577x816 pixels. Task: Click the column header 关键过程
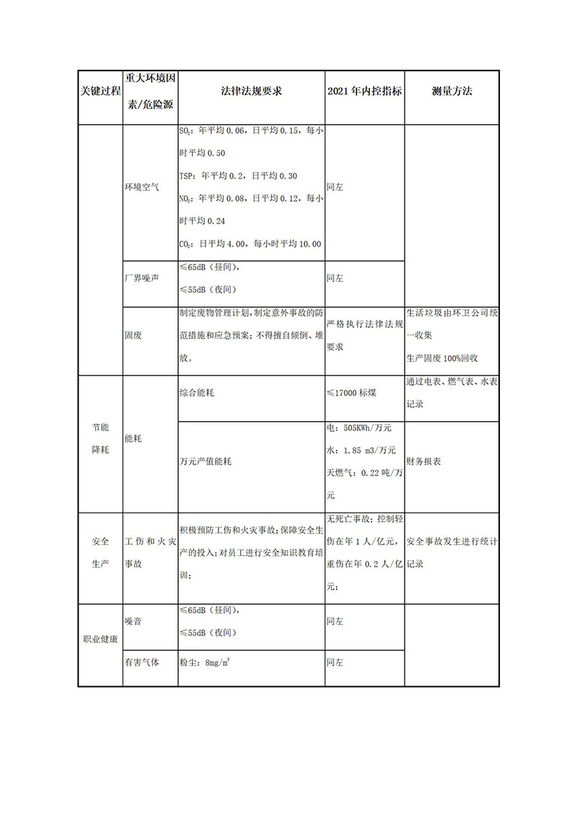pos(100,93)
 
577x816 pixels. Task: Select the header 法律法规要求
pos(250,93)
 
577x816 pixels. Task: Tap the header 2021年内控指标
pos(364,93)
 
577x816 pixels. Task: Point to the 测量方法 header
pos(452,93)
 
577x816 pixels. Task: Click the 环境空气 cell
pos(141,186)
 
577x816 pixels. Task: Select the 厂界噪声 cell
pos(141,278)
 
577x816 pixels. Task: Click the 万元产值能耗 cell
pos(206,461)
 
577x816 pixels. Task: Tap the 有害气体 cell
pos(141,661)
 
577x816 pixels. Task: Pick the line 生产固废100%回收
pos(443,357)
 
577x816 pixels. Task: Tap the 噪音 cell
pos(133,620)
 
